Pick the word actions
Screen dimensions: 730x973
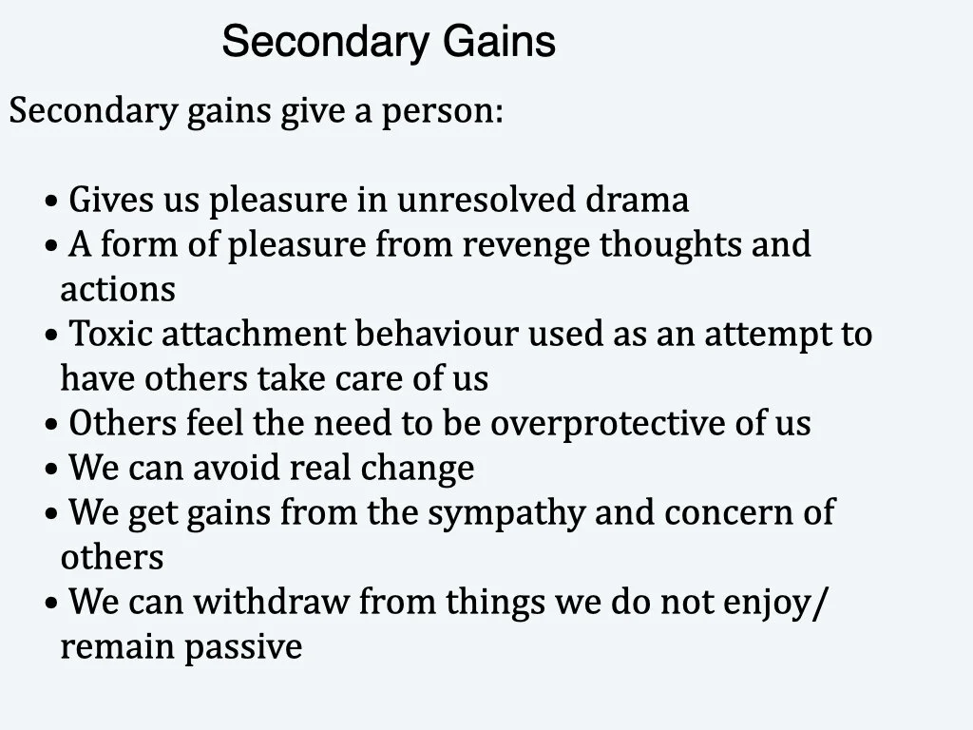(118, 289)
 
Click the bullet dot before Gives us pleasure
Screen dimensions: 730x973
(51, 202)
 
